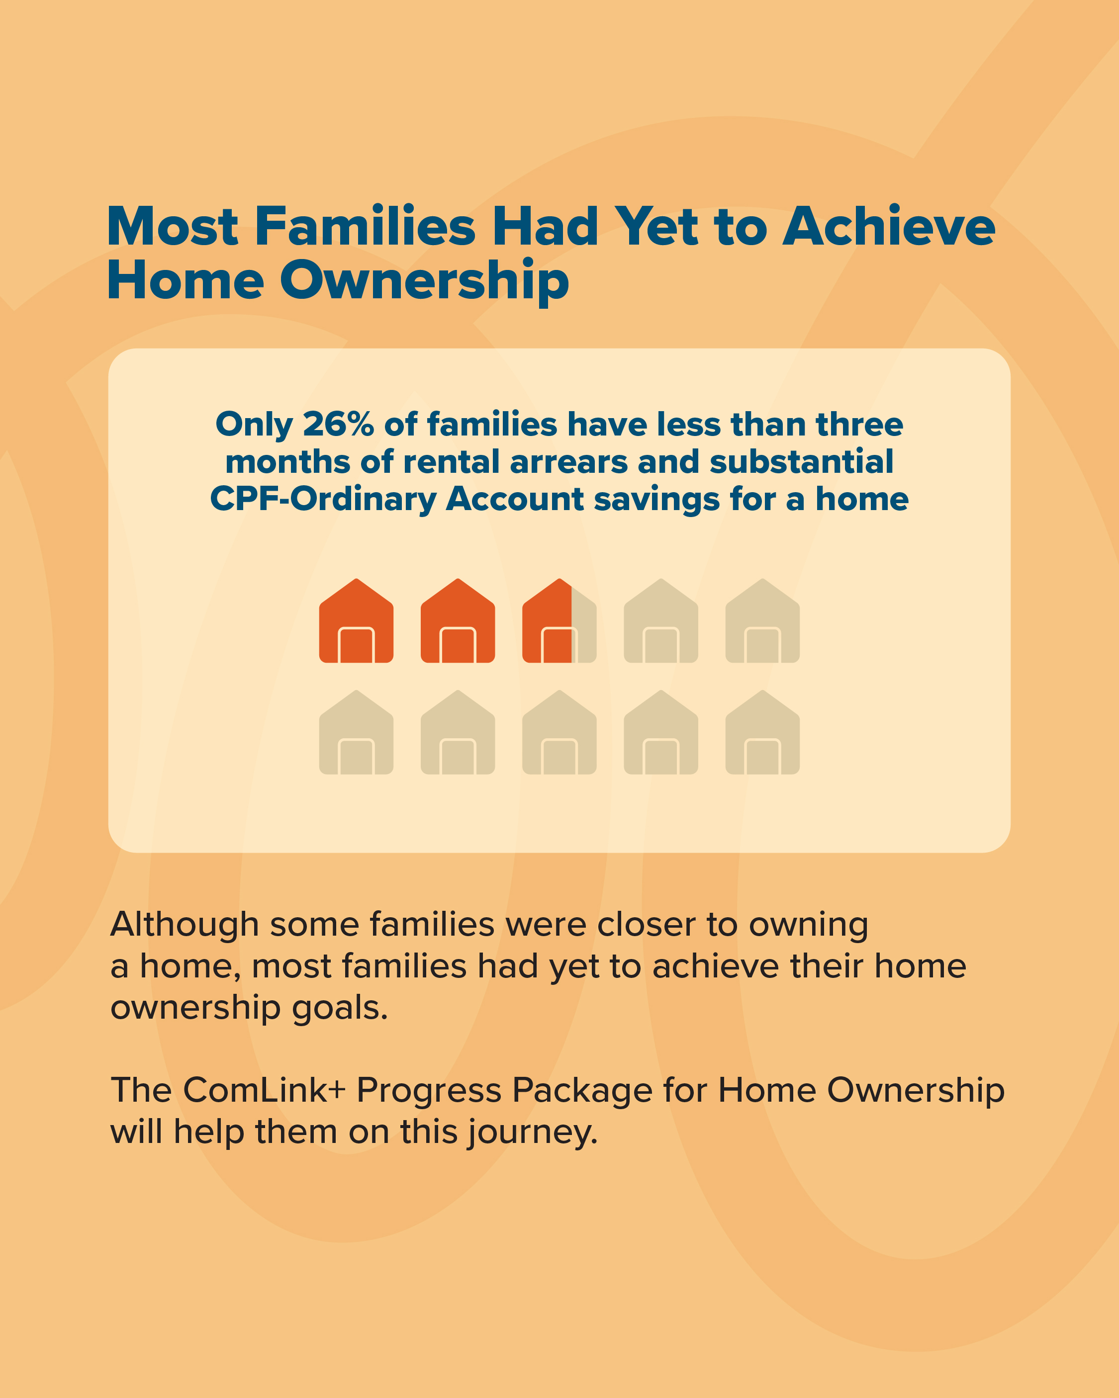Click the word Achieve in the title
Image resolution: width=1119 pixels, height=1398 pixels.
889,226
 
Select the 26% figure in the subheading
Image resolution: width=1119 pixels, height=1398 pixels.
339,424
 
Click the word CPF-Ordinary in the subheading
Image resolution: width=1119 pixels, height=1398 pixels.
324,499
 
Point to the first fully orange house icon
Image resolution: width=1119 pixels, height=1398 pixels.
356,620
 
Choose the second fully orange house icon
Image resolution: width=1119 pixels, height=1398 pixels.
458,620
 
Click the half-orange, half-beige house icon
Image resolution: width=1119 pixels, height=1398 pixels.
559,620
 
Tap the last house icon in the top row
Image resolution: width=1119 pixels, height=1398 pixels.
762,620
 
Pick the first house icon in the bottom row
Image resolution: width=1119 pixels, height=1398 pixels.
356,732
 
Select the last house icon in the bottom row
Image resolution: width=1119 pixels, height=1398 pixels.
762,732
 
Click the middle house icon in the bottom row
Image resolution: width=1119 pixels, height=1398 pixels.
559,732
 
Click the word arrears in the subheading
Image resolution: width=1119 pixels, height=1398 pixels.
569,462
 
